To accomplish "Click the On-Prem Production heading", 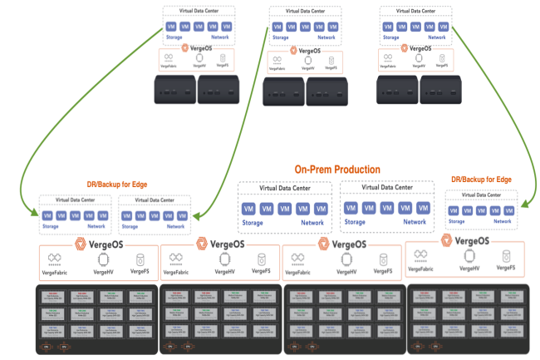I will coord(337,169).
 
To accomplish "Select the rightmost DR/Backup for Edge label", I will coord(480,179).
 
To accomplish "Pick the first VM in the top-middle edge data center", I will coord(277,27).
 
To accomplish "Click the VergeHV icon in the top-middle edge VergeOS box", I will coord(308,62).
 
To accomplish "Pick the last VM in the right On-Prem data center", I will coord(424,207).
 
